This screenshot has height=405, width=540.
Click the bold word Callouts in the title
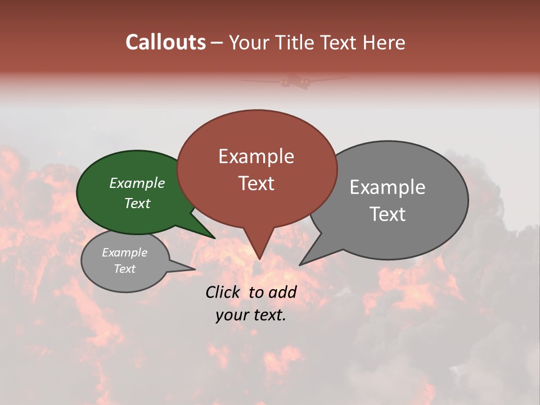coord(166,42)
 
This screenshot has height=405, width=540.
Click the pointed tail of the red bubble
coord(259,247)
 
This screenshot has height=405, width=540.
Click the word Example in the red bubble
coord(256,156)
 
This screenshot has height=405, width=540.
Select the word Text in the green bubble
coord(137,203)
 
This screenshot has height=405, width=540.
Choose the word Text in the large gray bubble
coord(388,214)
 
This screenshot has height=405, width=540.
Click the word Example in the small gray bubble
coord(125,253)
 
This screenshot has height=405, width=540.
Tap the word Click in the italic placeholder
coord(224,292)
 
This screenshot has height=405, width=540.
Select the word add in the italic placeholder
coord(283,292)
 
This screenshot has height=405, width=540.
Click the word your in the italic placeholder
coord(231,316)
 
